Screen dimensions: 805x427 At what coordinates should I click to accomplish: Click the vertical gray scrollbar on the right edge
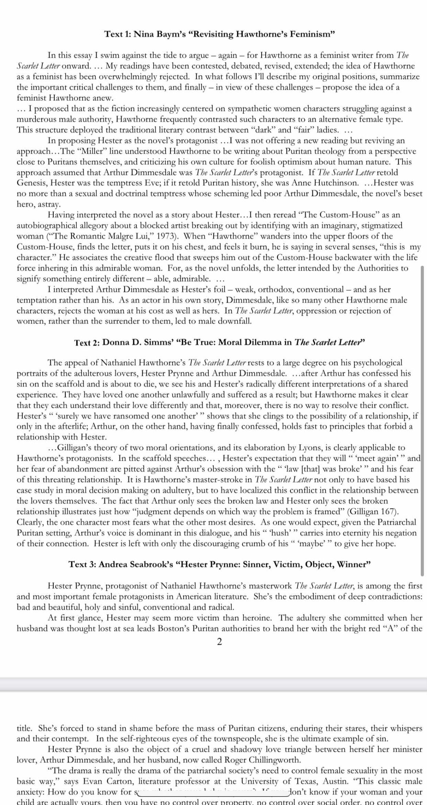pyautogui.click(x=423, y=420)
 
